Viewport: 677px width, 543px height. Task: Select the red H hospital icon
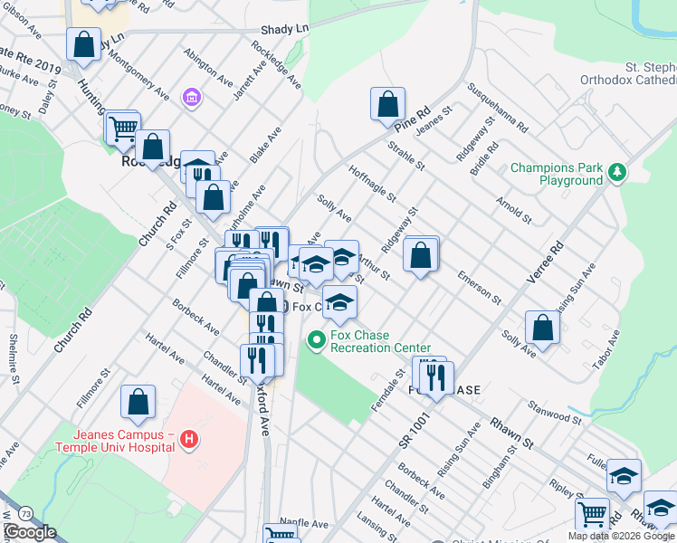pyautogui.click(x=188, y=440)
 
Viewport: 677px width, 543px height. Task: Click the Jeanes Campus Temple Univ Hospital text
pyautogui.click(x=114, y=440)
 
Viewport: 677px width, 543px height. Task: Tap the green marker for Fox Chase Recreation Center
pyautogui.click(x=316, y=341)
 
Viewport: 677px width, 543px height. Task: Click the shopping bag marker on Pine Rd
pyautogui.click(x=387, y=104)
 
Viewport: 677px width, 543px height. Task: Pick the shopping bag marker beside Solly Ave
pyautogui.click(x=541, y=329)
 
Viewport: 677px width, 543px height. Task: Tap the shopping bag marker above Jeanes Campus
pyautogui.click(x=138, y=403)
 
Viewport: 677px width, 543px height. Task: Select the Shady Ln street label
pyautogui.click(x=283, y=29)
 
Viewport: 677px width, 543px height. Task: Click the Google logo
pyautogui.click(x=30, y=532)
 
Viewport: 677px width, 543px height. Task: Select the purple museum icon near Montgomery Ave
pyautogui.click(x=191, y=97)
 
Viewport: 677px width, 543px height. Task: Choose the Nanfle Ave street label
pyautogui.click(x=304, y=523)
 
